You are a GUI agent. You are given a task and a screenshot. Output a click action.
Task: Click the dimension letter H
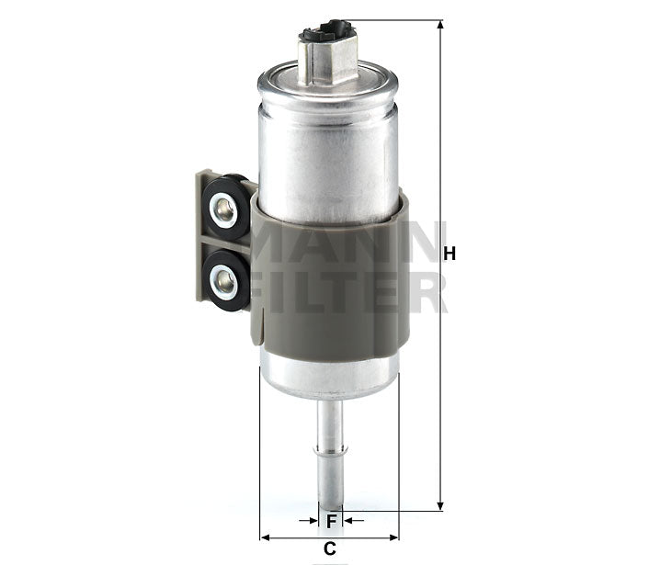(449, 254)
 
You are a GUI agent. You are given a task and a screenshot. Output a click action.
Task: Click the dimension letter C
(329, 550)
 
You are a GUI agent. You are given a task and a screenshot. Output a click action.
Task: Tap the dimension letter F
(331, 521)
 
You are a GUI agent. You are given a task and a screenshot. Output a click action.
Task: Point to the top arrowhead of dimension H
(441, 25)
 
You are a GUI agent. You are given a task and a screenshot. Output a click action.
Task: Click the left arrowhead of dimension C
(266, 537)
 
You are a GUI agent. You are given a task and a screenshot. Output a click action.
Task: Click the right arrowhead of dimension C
(393, 537)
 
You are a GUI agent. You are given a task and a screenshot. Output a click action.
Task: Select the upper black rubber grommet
(225, 211)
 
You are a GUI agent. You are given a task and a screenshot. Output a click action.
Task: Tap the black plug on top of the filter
(327, 35)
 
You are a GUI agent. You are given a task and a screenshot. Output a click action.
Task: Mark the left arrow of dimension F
(310, 521)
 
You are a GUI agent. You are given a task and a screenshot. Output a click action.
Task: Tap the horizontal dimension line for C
(294, 537)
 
